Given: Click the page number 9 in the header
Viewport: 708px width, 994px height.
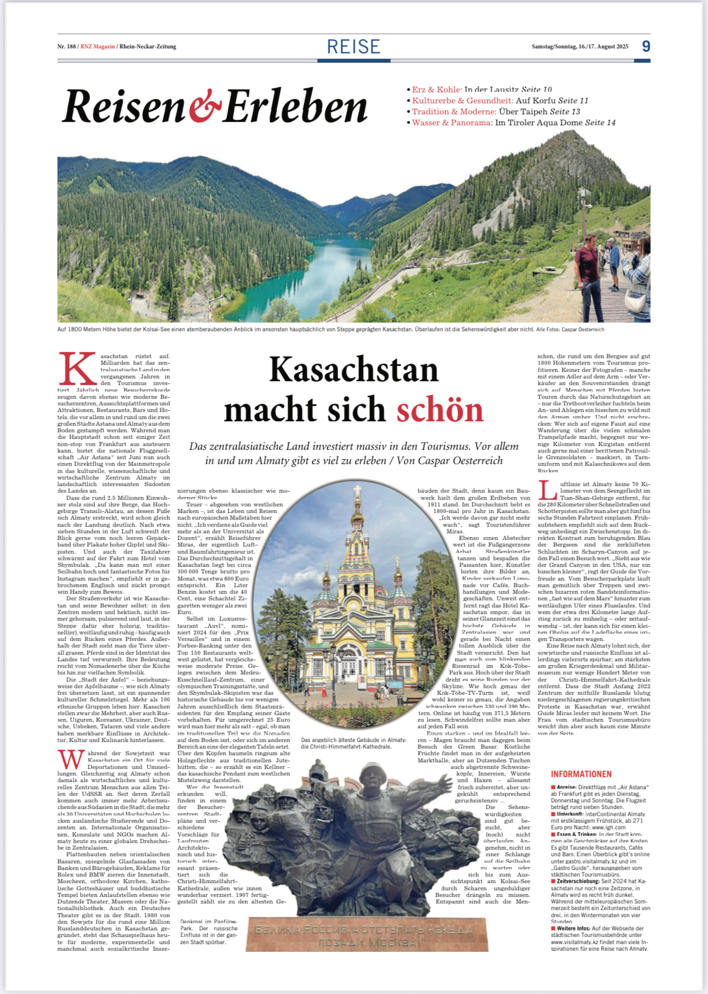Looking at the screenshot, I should click(646, 46).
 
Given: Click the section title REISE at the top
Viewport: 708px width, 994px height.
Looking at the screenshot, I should click(353, 47).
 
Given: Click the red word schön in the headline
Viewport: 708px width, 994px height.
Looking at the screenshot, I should click(440, 410).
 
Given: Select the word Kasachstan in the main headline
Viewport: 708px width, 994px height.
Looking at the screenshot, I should click(353, 370).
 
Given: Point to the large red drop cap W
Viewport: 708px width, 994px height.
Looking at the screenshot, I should click(71, 760).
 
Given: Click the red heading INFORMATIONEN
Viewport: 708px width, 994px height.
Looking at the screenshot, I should click(581, 774).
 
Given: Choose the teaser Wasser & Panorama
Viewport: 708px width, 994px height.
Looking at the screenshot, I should click(452, 122).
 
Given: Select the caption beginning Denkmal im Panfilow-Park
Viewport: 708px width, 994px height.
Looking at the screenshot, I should click(209, 931).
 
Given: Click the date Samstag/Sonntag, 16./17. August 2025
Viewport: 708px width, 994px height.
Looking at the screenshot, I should click(580, 47).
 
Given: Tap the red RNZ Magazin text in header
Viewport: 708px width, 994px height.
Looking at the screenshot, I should click(98, 47).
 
